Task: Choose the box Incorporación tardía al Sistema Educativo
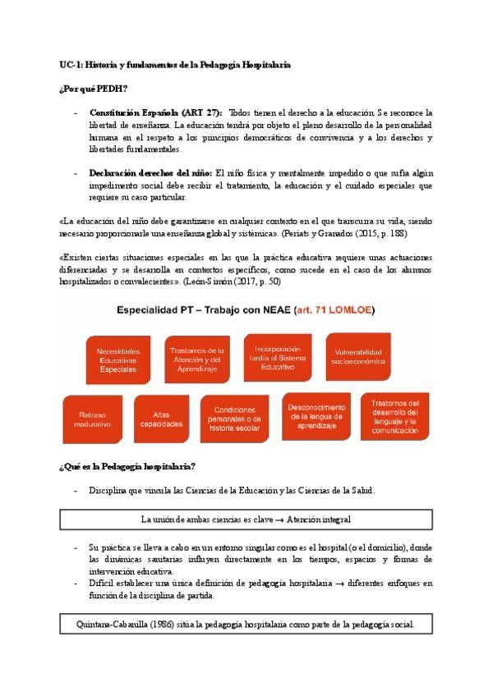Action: pos(279,353)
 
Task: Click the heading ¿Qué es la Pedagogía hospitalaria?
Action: pos(127,467)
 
